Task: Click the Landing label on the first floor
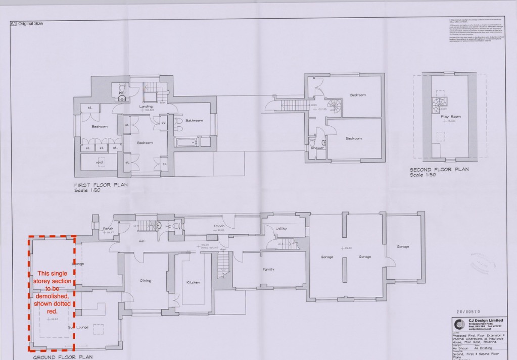pos(146,107)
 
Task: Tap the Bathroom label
pos(194,121)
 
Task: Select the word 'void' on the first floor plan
pos(100,163)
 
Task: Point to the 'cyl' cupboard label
pos(164,123)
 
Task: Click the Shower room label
pos(317,148)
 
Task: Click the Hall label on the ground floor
pos(143,241)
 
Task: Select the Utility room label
pos(281,229)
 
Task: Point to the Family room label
pos(268,269)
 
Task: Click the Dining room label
pos(146,281)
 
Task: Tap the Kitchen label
pos(193,282)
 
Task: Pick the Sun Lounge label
pos(79,327)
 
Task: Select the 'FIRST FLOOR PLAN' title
pos(101,185)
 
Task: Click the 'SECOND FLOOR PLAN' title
pos(439,170)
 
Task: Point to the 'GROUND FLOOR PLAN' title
pos(63,357)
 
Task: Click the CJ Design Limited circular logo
pos(459,324)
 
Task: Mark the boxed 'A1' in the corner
pos(14,24)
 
